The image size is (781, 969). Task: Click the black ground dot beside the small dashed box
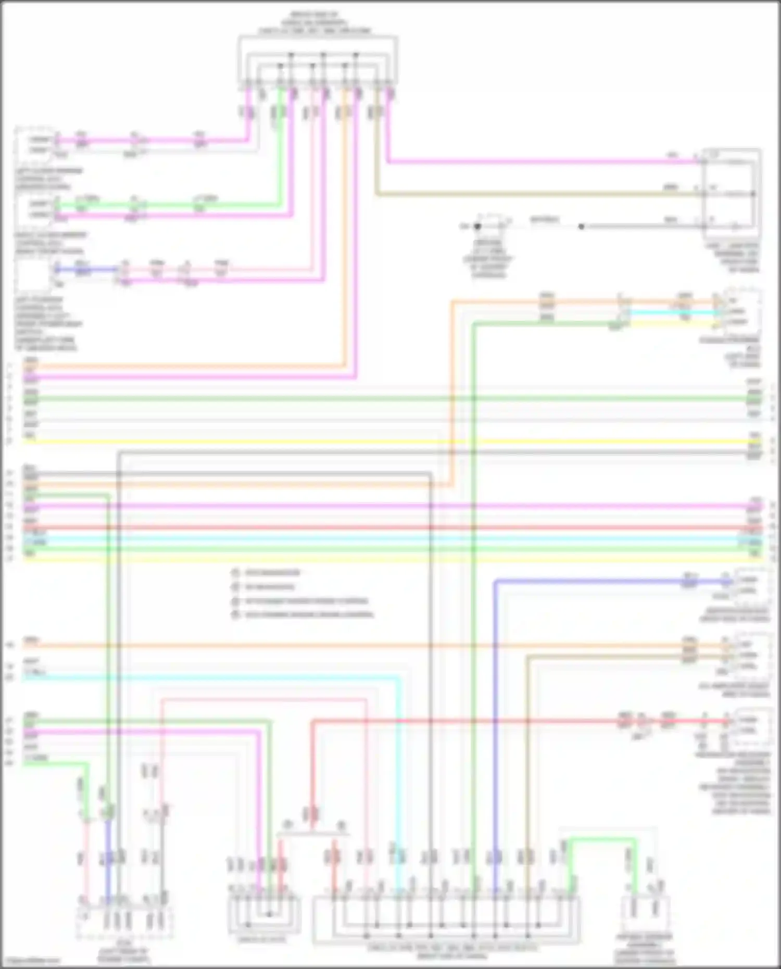point(477,226)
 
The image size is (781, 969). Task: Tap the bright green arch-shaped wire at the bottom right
point(602,839)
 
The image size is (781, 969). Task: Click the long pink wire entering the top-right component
point(541,161)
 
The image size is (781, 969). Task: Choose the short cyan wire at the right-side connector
point(672,312)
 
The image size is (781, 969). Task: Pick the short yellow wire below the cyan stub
point(672,323)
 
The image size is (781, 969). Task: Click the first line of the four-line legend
point(273,573)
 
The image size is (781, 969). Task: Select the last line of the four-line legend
point(309,614)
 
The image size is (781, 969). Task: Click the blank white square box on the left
point(33,275)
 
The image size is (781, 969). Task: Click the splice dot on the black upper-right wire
point(582,226)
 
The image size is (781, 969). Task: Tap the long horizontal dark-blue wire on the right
point(588,581)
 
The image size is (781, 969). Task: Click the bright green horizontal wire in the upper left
point(172,205)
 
